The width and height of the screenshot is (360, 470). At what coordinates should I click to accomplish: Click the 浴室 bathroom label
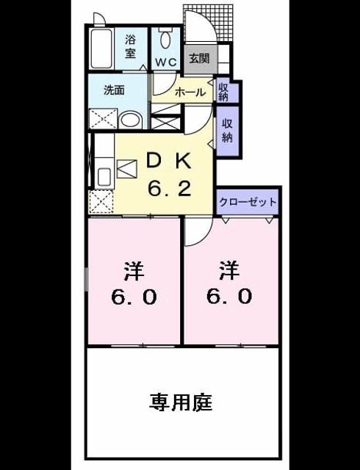[131, 46]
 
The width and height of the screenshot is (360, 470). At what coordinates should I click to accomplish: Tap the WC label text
[165, 62]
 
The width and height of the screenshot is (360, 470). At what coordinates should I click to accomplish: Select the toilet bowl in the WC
[165, 38]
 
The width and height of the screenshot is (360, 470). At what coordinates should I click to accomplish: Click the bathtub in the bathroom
[101, 48]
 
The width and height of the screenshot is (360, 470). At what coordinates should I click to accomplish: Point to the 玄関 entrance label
[199, 59]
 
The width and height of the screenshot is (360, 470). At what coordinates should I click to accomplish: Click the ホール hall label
[190, 93]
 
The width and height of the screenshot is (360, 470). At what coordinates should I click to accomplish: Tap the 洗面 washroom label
[114, 90]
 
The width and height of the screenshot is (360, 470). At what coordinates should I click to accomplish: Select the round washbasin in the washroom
[130, 120]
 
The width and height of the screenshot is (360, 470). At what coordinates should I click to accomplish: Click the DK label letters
[168, 161]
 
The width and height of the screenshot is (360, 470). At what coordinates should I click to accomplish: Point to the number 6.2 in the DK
[170, 189]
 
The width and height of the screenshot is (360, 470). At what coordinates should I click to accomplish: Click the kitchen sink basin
[104, 177]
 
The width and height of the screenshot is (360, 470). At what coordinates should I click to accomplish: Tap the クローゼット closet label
[248, 202]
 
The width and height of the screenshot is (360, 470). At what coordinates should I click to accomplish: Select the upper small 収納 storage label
[223, 92]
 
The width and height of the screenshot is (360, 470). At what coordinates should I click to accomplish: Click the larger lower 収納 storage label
[227, 131]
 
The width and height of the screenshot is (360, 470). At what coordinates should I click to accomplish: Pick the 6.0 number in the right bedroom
[229, 296]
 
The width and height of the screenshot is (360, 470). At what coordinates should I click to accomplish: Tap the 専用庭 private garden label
[181, 402]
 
